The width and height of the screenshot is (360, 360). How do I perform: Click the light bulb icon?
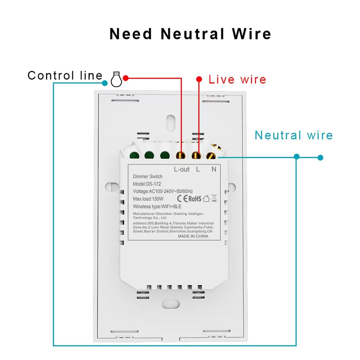(x=116, y=79)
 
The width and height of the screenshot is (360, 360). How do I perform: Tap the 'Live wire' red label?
(x=237, y=80)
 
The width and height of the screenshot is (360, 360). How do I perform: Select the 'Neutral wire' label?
(x=294, y=135)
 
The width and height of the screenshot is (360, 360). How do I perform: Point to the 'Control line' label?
(x=65, y=75)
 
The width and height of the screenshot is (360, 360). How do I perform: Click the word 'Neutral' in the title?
(x=192, y=34)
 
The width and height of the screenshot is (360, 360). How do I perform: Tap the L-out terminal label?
(x=182, y=170)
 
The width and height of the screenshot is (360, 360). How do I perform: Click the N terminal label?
(x=214, y=169)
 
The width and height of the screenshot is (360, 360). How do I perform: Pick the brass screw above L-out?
(x=180, y=155)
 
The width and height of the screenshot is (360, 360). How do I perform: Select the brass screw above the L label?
(x=196, y=155)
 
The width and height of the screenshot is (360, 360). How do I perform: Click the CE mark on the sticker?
(x=182, y=198)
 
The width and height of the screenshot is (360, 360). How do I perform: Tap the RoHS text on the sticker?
(x=195, y=198)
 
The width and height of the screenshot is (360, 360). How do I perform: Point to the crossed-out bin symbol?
(x=214, y=198)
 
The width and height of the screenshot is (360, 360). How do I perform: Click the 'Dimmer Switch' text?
(x=148, y=176)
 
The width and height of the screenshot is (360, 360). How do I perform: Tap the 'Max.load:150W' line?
(x=148, y=199)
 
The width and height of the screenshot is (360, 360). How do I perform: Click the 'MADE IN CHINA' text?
(x=193, y=236)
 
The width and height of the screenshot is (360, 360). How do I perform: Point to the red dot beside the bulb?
(x=126, y=78)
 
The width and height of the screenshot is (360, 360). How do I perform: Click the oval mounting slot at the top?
(x=170, y=123)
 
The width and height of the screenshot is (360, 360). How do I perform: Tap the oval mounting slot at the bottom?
(x=171, y=304)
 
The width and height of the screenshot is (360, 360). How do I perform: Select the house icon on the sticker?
(x=206, y=198)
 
